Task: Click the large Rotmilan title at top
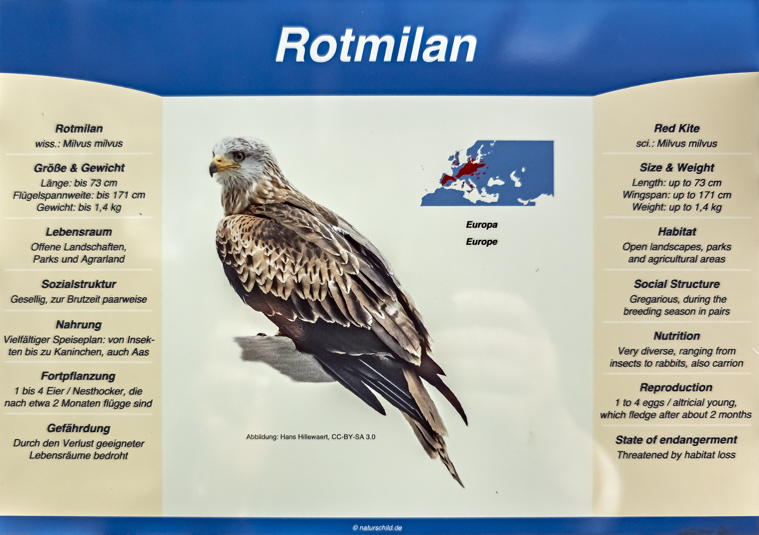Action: pos(376,45)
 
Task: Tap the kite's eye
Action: pos(239,155)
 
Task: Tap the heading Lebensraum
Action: pos(79,232)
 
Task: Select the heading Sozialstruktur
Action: pos(79,284)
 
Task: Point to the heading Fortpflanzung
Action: pos(78,376)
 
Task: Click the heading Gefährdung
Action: pos(79,428)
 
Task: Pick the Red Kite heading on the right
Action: pos(677,128)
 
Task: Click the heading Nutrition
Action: pos(677,336)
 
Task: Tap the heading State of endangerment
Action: pos(676,440)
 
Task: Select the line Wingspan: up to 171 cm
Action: pos(677,195)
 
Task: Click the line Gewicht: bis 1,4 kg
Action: pos(79,207)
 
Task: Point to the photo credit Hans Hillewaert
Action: pos(311,437)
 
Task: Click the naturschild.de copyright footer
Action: pos(377,528)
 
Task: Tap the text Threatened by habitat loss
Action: pos(676,455)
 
